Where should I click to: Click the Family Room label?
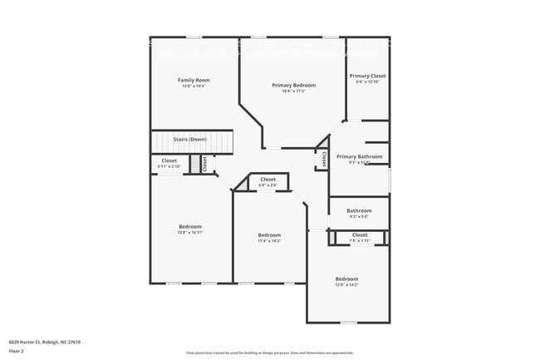click(x=191, y=80)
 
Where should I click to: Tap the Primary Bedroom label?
click(x=293, y=85)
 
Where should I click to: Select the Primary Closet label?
click(x=367, y=76)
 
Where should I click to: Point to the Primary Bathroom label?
click(x=360, y=156)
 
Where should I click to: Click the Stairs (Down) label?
click(x=189, y=139)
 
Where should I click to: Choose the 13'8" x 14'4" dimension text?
click(x=191, y=86)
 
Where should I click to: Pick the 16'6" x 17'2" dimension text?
click(x=293, y=91)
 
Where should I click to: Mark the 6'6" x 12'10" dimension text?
click(x=367, y=81)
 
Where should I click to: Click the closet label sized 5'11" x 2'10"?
click(x=169, y=160)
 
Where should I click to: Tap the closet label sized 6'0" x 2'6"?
click(x=268, y=179)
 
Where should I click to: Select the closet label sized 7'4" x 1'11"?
click(x=360, y=234)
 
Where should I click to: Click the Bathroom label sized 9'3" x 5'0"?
click(x=359, y=210)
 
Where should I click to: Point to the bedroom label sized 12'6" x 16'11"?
click(x=190, y=226)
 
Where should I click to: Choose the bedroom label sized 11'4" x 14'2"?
click(x=269, y=234)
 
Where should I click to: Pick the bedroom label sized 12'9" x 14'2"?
click(x=346, y=279)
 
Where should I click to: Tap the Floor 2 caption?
click(x=17, y=350)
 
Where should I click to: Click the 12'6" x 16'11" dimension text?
click(x=190, y=232)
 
